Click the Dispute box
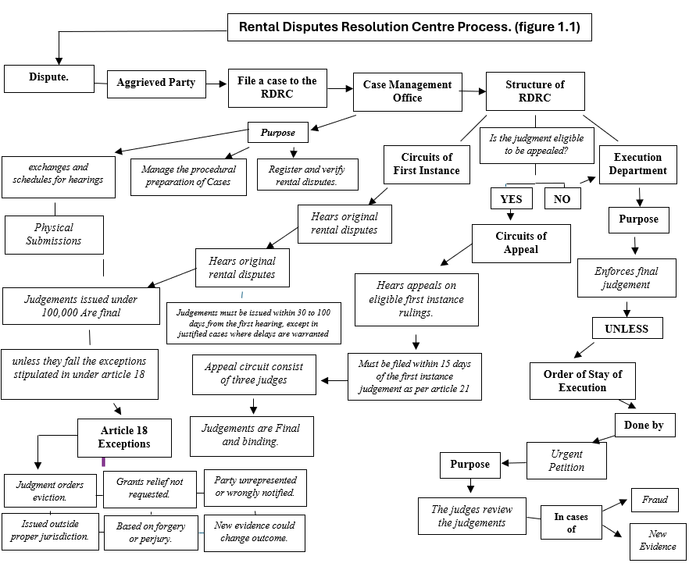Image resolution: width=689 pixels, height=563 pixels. tap(49, 77)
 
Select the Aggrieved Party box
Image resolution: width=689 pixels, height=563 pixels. tap(156, 83)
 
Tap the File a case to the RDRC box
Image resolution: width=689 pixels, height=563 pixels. tap(277, 87)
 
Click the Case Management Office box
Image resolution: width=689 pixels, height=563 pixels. tap(407, 91)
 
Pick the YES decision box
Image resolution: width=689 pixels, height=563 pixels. tap(511, 198)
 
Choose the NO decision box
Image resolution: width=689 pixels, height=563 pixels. tap(562, 198)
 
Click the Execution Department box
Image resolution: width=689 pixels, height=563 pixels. tap(638, 164)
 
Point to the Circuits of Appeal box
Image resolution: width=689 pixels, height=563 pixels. tap(521, 243)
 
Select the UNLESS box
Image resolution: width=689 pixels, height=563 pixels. tap(627, 328)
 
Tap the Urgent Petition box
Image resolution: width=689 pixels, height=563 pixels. tap(566, 461)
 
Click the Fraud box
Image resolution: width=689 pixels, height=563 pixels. tap(655, 500)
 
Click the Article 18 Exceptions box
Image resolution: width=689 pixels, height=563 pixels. tap(124, 437)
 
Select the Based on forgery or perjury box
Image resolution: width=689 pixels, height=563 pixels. tap(151, 533)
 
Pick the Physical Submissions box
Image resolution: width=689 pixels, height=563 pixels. tap(55, 234)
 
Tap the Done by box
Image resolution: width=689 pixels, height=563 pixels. tap(644, 426)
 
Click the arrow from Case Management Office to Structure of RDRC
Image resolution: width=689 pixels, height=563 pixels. tap(472, 91)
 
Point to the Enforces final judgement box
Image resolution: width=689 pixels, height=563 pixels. tap(627, 278)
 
